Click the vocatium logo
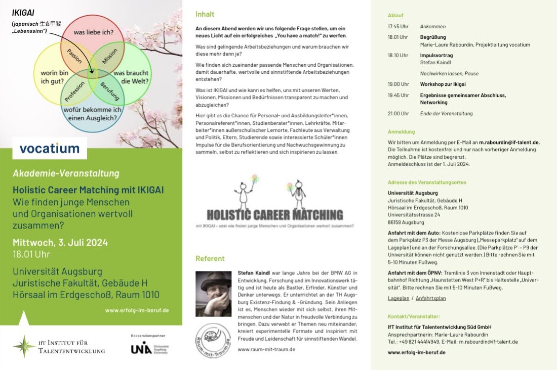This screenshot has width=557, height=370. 50,148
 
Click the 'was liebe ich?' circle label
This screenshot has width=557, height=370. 93,32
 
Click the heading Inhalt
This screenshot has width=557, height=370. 205,14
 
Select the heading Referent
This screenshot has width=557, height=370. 210,258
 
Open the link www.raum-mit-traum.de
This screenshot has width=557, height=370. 266,349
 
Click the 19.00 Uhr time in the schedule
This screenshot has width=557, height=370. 398,84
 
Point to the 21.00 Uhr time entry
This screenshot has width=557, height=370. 398,113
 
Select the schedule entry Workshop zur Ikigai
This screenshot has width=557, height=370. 443,84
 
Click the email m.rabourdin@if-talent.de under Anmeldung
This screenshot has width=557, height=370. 509,143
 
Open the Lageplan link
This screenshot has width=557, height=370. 398,298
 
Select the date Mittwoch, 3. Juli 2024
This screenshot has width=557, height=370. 60,242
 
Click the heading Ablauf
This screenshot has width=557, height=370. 395,15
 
